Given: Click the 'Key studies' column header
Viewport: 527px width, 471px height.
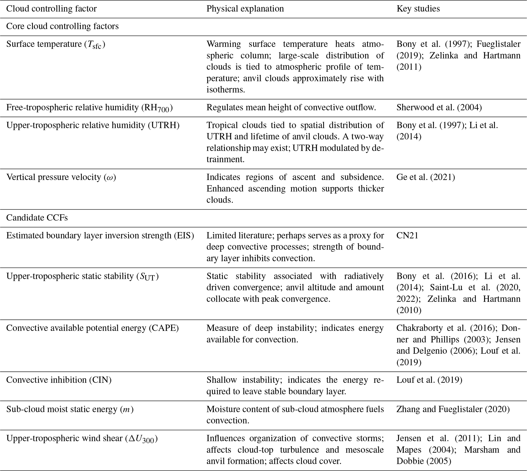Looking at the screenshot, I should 418,9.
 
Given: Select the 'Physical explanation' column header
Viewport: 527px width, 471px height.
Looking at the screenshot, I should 245,9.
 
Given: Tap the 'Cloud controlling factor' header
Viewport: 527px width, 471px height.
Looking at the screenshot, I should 51,9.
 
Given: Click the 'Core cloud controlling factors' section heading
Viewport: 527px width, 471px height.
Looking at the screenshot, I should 62,26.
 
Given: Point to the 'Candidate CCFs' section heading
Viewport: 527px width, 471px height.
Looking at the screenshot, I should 37,218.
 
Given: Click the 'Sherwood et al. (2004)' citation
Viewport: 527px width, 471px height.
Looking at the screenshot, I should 439,107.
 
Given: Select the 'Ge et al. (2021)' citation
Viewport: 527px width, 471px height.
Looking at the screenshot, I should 426,177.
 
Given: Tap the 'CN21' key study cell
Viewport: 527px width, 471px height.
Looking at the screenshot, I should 407,235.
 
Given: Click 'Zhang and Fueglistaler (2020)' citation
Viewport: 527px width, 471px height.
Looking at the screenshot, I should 453,409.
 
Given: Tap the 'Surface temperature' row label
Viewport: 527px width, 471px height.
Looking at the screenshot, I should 44,44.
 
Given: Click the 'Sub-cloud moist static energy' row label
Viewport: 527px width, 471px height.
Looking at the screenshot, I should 62,409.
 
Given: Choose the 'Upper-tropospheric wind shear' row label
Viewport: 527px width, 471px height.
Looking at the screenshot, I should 65,438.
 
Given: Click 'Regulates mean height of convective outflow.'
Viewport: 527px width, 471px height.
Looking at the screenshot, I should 291,107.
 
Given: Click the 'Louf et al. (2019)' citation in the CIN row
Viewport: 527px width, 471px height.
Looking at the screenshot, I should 429,380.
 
